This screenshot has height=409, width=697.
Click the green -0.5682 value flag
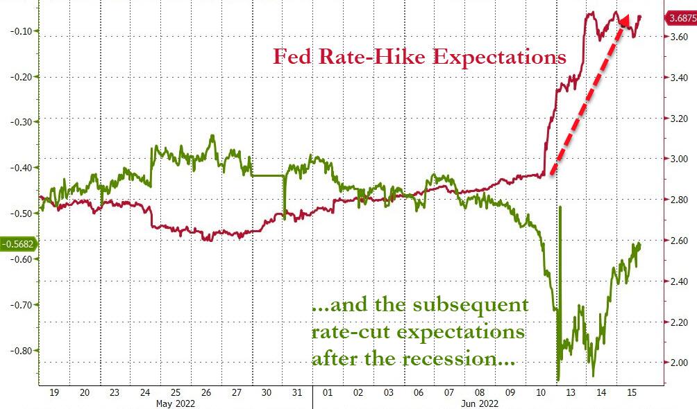(19, 244)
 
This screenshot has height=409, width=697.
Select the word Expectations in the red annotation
(500, 57)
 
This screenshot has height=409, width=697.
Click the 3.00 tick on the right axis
(675, 159)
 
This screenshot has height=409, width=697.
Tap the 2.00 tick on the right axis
(675, 363)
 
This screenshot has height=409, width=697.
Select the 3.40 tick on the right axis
(675, 78)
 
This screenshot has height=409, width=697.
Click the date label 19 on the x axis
(55, 392)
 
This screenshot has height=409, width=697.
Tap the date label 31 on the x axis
(298, 392)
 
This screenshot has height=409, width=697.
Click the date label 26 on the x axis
(207, 392)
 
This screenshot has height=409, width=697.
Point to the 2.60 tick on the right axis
(675, 241)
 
